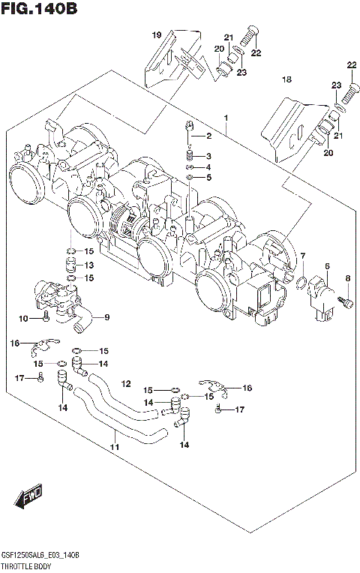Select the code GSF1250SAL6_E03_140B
point(42,553)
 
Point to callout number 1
point(225,117)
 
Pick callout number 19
point(157,35)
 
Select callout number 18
point(286,79)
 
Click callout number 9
point(106,316)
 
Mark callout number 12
point(126,383)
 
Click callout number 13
point(88,265)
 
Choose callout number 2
point(209,136)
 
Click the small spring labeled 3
point(190,155)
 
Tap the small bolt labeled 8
point(346,301)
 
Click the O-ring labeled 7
point(300,283)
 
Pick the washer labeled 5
point(190,178)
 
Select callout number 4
point(209,166)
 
